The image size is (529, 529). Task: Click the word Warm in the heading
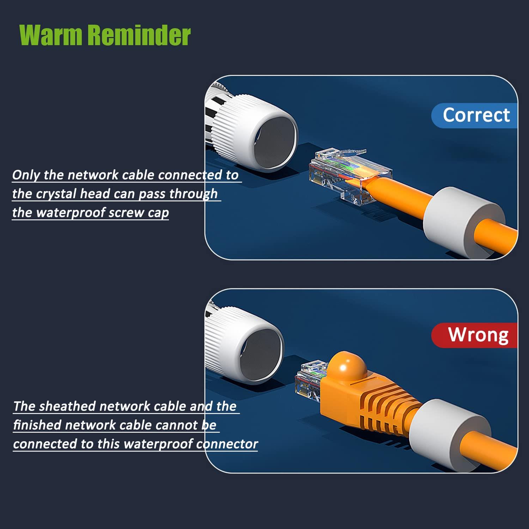coord(50,35)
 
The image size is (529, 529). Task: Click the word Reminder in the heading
coord(139,35)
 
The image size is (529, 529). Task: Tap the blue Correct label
coord(475,115)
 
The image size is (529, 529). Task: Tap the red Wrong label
coord(475,335)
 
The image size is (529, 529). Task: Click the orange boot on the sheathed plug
coord(370,391)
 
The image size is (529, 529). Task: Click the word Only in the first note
coord(25,175)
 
